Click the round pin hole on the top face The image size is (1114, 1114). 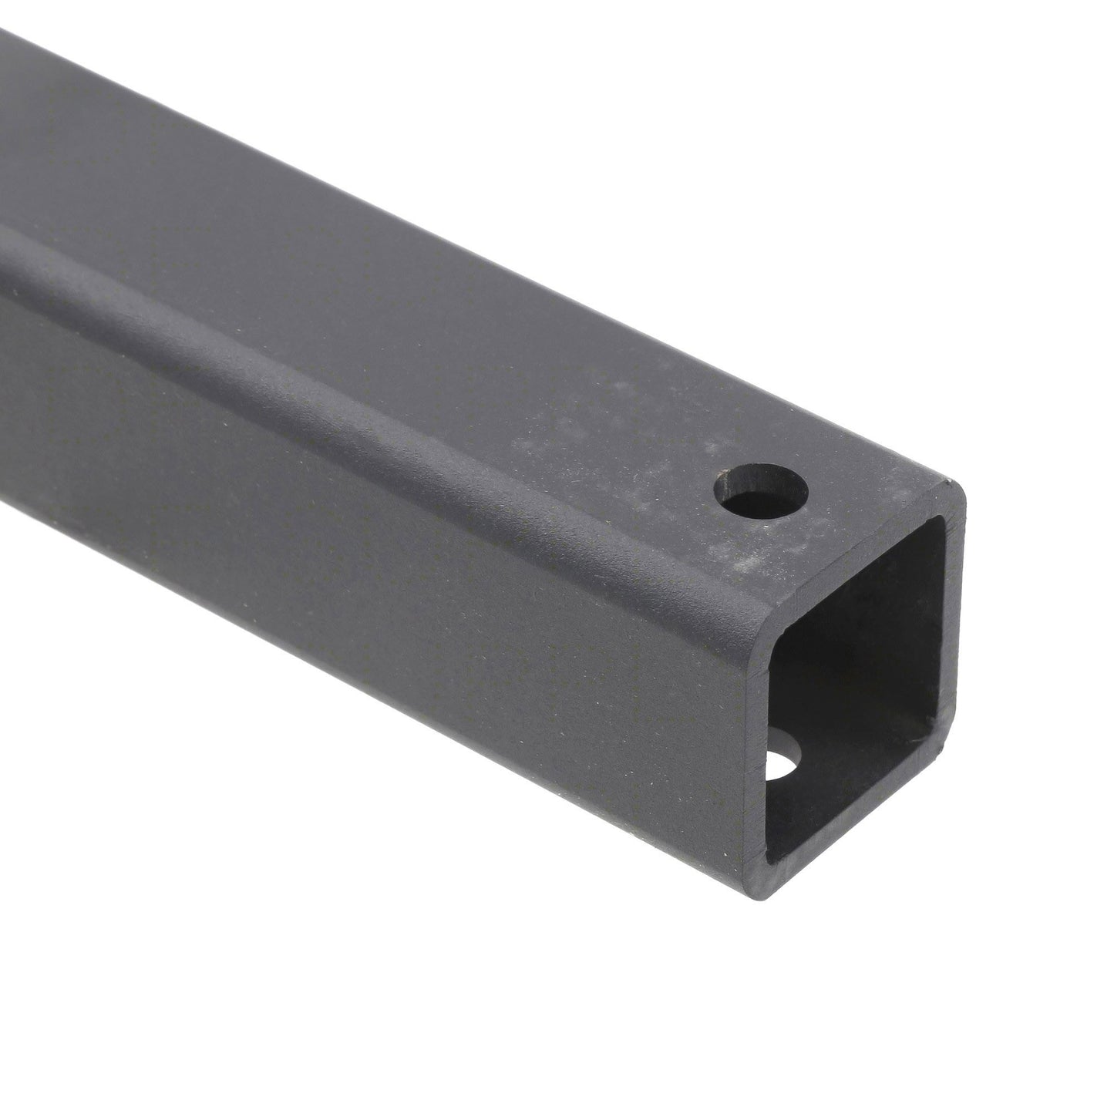(x=761, y=494)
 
